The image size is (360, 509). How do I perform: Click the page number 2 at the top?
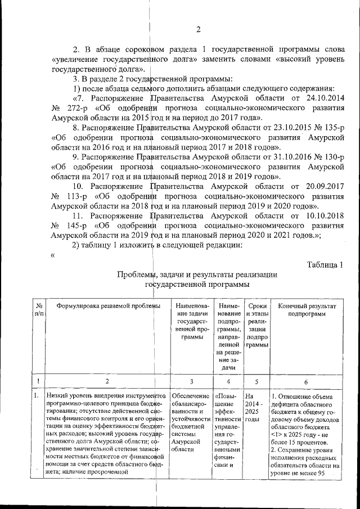[x=198, y=30]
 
